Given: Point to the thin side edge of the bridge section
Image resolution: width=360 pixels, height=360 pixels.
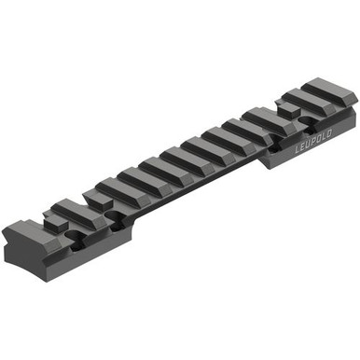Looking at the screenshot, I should [187, 190].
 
